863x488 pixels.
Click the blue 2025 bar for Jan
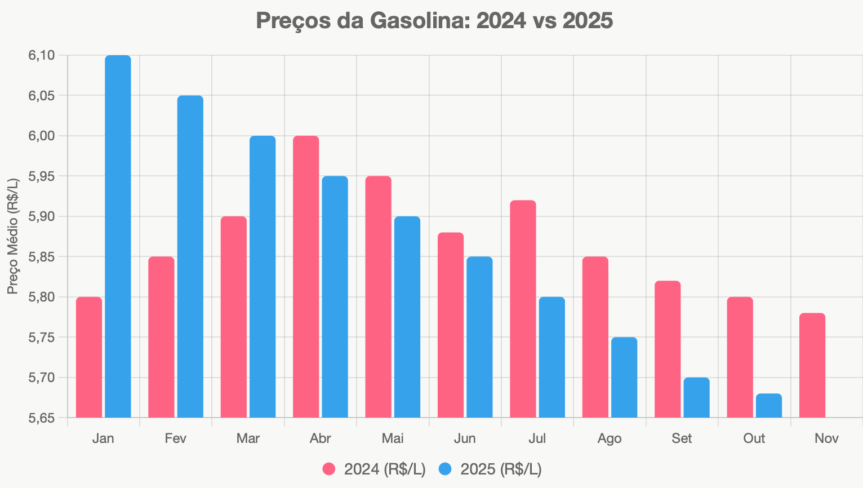coord(118,237)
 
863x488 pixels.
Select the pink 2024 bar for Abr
coord(306,277)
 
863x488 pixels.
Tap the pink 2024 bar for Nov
coord(812,365)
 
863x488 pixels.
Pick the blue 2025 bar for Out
coord(769,406)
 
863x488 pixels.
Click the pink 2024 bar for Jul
coord(523,309)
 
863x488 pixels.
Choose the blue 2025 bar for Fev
coord(190,256)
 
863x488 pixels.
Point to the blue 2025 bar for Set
coord(696,398)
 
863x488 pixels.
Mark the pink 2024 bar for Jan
coord(89,357)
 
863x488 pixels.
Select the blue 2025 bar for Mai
coord(407,317)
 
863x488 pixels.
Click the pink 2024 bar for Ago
coord(595,337)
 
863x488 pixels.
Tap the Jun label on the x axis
coord(465,438)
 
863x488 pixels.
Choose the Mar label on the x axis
coord(248,438)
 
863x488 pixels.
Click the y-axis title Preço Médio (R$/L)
coord(13,236)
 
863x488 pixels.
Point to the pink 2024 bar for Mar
coord(234,317)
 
